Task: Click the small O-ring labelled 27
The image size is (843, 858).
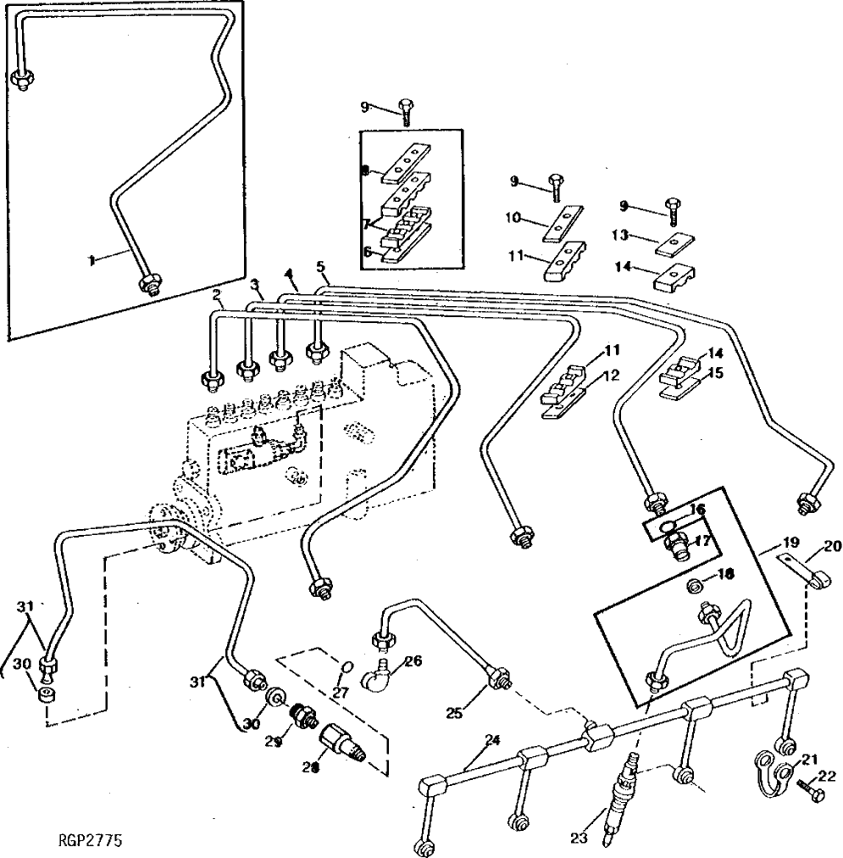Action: [x=342, y=671]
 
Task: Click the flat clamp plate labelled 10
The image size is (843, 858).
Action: [x=564, y=226]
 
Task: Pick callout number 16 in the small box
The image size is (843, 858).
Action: [x=697, y=509]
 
